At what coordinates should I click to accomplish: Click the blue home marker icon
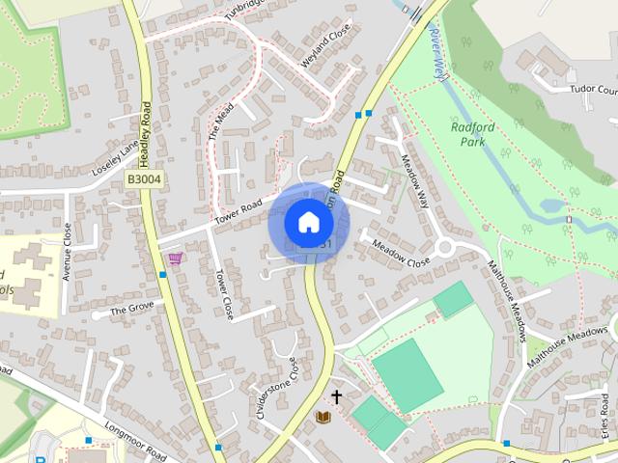click(308, 222)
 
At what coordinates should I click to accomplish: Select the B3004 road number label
click(143, 178)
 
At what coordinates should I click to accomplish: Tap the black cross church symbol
click(337, 395)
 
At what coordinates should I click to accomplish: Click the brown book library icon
click(323, 418)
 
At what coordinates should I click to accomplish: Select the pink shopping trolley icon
click(175, 258)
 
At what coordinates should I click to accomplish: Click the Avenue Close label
click(67, 252)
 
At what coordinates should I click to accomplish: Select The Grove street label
click(131, 310)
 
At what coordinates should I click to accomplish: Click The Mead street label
click(221, 122)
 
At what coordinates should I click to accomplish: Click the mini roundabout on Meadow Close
click(445, 248)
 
